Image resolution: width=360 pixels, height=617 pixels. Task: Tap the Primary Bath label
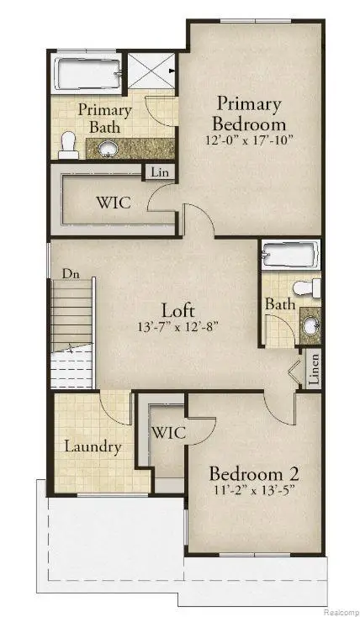click(x=105, y=119)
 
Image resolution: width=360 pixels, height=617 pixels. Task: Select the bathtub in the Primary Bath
click(x=86, y=74)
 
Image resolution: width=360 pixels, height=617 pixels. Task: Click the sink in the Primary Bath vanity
click(x=108, y=149)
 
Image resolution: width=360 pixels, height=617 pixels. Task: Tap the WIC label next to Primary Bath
click(x=110, y=203)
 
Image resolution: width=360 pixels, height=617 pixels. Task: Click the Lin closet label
click(x=157, y=172)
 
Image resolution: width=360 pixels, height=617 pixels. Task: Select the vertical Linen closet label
click(x=314, y=370)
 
